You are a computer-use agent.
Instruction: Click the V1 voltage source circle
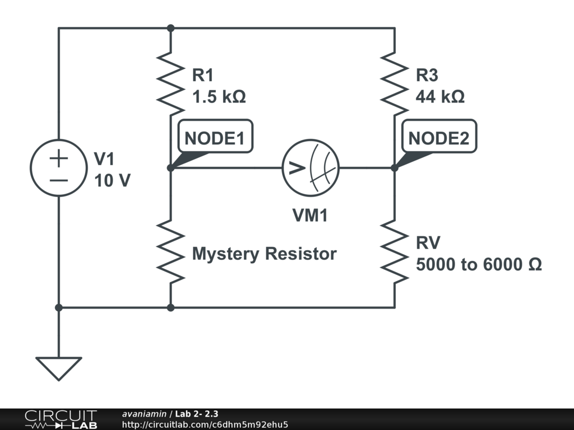pyautogui.click(x=58, y=167)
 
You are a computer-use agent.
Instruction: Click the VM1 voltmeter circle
pyautogui.click(x=311, y=167)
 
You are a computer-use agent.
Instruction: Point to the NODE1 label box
pyautogui.click(x=215, y=137)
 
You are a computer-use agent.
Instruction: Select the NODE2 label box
pyautogui.click(x=439, y=137)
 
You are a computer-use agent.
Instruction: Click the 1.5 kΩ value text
pyautogui.click(x=219, y=97)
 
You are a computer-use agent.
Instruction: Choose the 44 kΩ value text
pyautogui.click(x=440, y=97)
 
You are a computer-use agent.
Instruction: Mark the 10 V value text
pyautogui.click(x=112, y=180)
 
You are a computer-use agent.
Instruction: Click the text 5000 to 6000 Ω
pyautogui.click(x=479, y=264)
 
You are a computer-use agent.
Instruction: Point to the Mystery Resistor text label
pyautogui.click(x=264, y=254)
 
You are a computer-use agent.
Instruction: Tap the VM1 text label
pyautogui.click(x=310, y=216)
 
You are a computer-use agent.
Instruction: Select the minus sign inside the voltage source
pyautogui.click(x=58, y=180)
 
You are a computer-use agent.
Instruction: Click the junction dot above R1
pyautogui.click(x=170, y=28)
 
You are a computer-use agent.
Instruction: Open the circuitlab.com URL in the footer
pyautogui.click(x=205, y=424)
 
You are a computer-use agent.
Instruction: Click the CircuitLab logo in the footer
pyautogui.click(x=61, y=419)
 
